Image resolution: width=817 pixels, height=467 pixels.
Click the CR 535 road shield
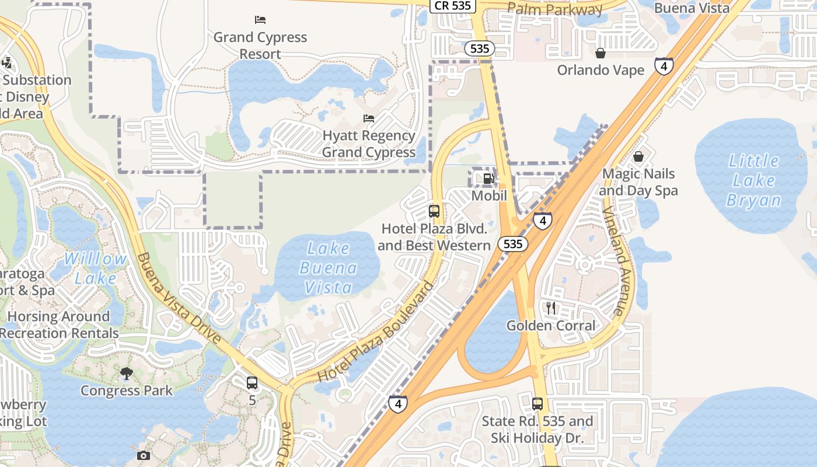click(453, 6)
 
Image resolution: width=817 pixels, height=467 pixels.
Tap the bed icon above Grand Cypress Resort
click(260, 19)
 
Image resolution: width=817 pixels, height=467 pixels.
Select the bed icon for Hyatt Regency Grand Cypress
click(369, 118)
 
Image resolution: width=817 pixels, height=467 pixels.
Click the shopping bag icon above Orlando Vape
click(600, 53)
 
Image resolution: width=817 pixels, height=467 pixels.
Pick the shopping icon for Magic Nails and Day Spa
click(638, 156)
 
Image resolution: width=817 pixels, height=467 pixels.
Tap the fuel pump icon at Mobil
click(488, 179)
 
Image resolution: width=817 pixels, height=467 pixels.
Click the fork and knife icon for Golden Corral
click(551, 308)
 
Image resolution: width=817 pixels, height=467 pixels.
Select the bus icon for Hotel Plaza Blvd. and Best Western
click(434, 211)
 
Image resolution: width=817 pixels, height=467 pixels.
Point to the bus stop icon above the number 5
click(252, 383)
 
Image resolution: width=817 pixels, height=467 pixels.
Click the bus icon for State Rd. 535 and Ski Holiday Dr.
click(537, 403)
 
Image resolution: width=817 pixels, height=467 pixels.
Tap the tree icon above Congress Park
click(126, 373)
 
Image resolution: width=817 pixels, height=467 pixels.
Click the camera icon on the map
click(144, 455)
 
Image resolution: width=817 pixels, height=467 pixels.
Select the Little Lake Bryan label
click(753, 180)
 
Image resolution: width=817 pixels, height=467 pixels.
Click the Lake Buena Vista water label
click(328, 268)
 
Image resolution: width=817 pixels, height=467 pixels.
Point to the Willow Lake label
click(96, 269)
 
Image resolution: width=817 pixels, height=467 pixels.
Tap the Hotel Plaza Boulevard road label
click(377, 331)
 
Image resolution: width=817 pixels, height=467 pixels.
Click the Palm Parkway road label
click(554, 9)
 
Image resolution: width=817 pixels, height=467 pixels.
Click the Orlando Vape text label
click(600, 70)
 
